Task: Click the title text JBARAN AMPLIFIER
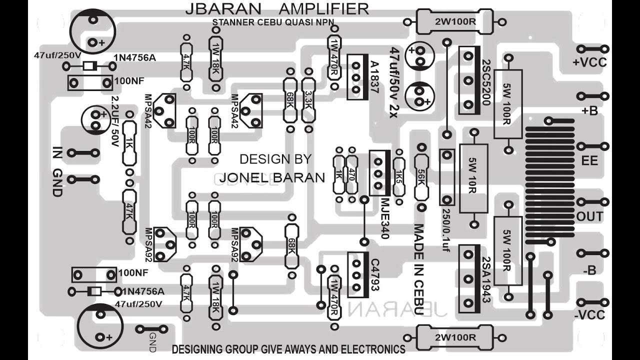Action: pyautogui.click(x=277, y=8)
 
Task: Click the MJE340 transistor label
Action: pyautogui.click(x=384, y=217)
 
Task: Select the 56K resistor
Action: pyautogui.click(x=422, y=177)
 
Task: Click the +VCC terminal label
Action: pyautogui.click(x=589, y=62)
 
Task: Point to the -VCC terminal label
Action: pyautogui.click(x=589, y=315)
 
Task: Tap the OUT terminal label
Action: pyautogui.click(x=589, y=216)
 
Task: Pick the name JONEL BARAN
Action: pyautogui.click(x=272, y=177)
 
